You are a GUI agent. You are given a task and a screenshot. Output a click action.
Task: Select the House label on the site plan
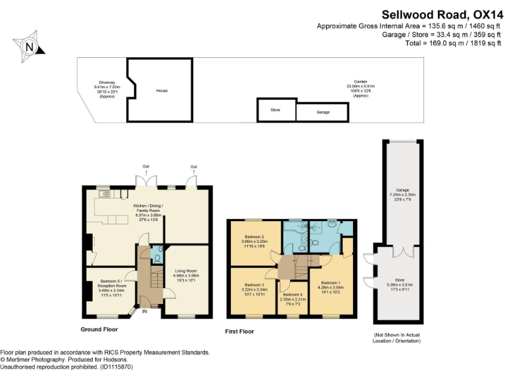tap(162, 91)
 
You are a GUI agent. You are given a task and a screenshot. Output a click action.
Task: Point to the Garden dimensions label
tap(360, 89)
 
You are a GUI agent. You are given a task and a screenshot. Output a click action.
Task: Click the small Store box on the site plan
tap(276, 110)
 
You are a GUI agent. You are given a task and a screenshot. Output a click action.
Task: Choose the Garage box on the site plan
tap(323, 113)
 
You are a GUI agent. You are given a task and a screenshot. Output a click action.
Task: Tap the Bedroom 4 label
tap(293, 298)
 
